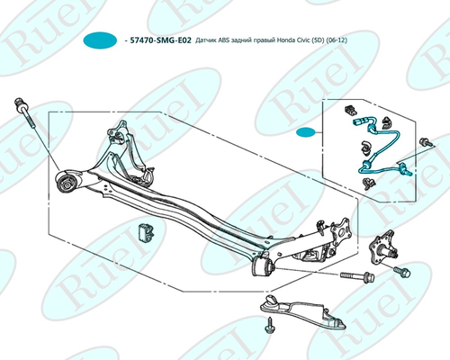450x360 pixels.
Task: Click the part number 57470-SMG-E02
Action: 160,40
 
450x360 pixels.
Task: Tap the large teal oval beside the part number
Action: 100,40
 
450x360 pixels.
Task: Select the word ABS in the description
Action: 224,40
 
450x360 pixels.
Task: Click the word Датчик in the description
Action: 206,40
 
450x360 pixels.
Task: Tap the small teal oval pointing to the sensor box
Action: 306,132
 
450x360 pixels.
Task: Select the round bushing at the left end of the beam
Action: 66,183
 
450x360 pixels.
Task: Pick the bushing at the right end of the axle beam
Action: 262,266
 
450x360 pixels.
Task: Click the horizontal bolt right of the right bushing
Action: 357,275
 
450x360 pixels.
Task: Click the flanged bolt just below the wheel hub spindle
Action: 402,271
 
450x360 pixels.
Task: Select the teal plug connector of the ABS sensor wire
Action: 360,121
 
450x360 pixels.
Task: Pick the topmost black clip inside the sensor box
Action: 350,110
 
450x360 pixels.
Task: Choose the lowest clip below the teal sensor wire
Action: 367,184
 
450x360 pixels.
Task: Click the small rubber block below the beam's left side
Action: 146,232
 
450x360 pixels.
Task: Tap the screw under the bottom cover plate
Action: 269,326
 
